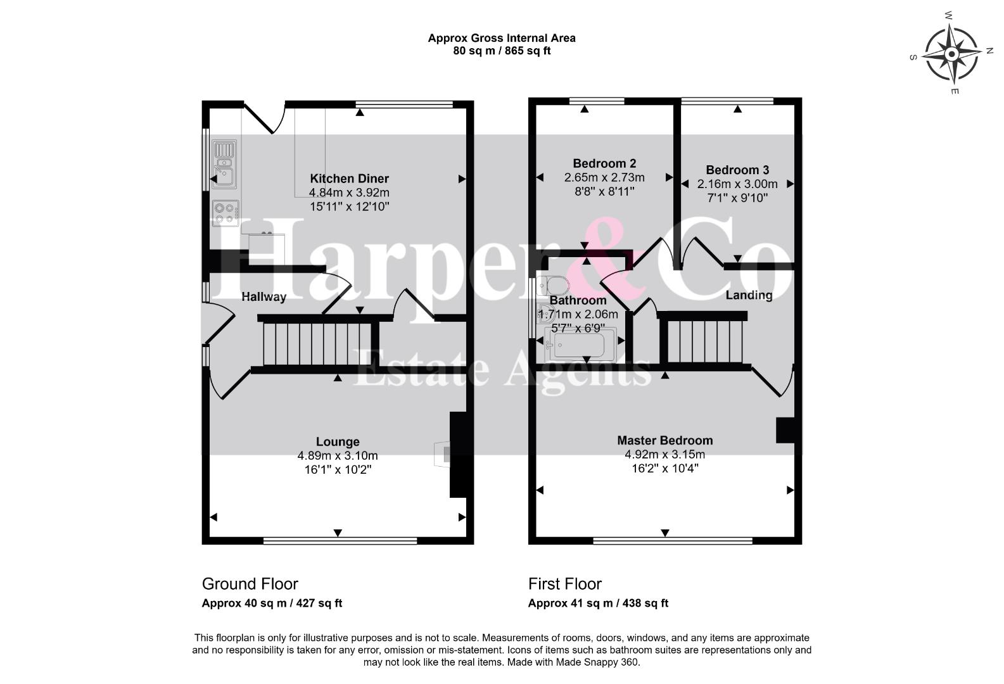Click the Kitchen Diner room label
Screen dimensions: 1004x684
(349, 179)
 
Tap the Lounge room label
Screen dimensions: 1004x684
(338, 441)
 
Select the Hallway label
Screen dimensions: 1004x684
(264, 297)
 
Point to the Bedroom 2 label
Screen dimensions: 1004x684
(604, 163)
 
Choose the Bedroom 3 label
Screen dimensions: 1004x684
(737, 170)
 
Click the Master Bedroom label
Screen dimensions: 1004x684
(664, 441)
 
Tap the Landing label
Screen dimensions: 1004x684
(749, 295)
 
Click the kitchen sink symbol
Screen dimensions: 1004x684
(224, 163)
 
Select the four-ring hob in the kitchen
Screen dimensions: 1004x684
(226, 213)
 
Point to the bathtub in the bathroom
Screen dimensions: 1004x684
(580, 345)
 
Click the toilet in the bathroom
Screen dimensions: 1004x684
(554, 285)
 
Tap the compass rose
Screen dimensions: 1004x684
(951, 54)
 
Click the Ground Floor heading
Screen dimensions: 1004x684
(250, 583)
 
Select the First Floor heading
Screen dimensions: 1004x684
(565, 583)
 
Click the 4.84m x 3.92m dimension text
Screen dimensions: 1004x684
(349, 193)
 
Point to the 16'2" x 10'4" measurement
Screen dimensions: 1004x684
(664, 469)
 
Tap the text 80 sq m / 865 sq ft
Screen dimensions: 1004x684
(502, 51)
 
